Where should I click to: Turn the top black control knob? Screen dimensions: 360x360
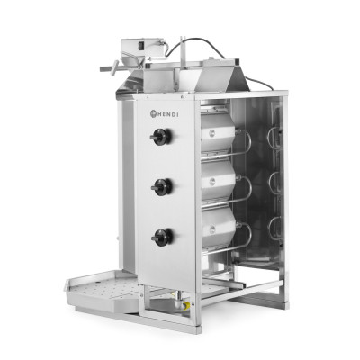(162, 137)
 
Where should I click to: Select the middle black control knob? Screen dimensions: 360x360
(162, 186)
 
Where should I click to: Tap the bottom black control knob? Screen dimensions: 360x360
(162, 237)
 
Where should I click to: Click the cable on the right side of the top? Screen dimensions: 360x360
(261, 82)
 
